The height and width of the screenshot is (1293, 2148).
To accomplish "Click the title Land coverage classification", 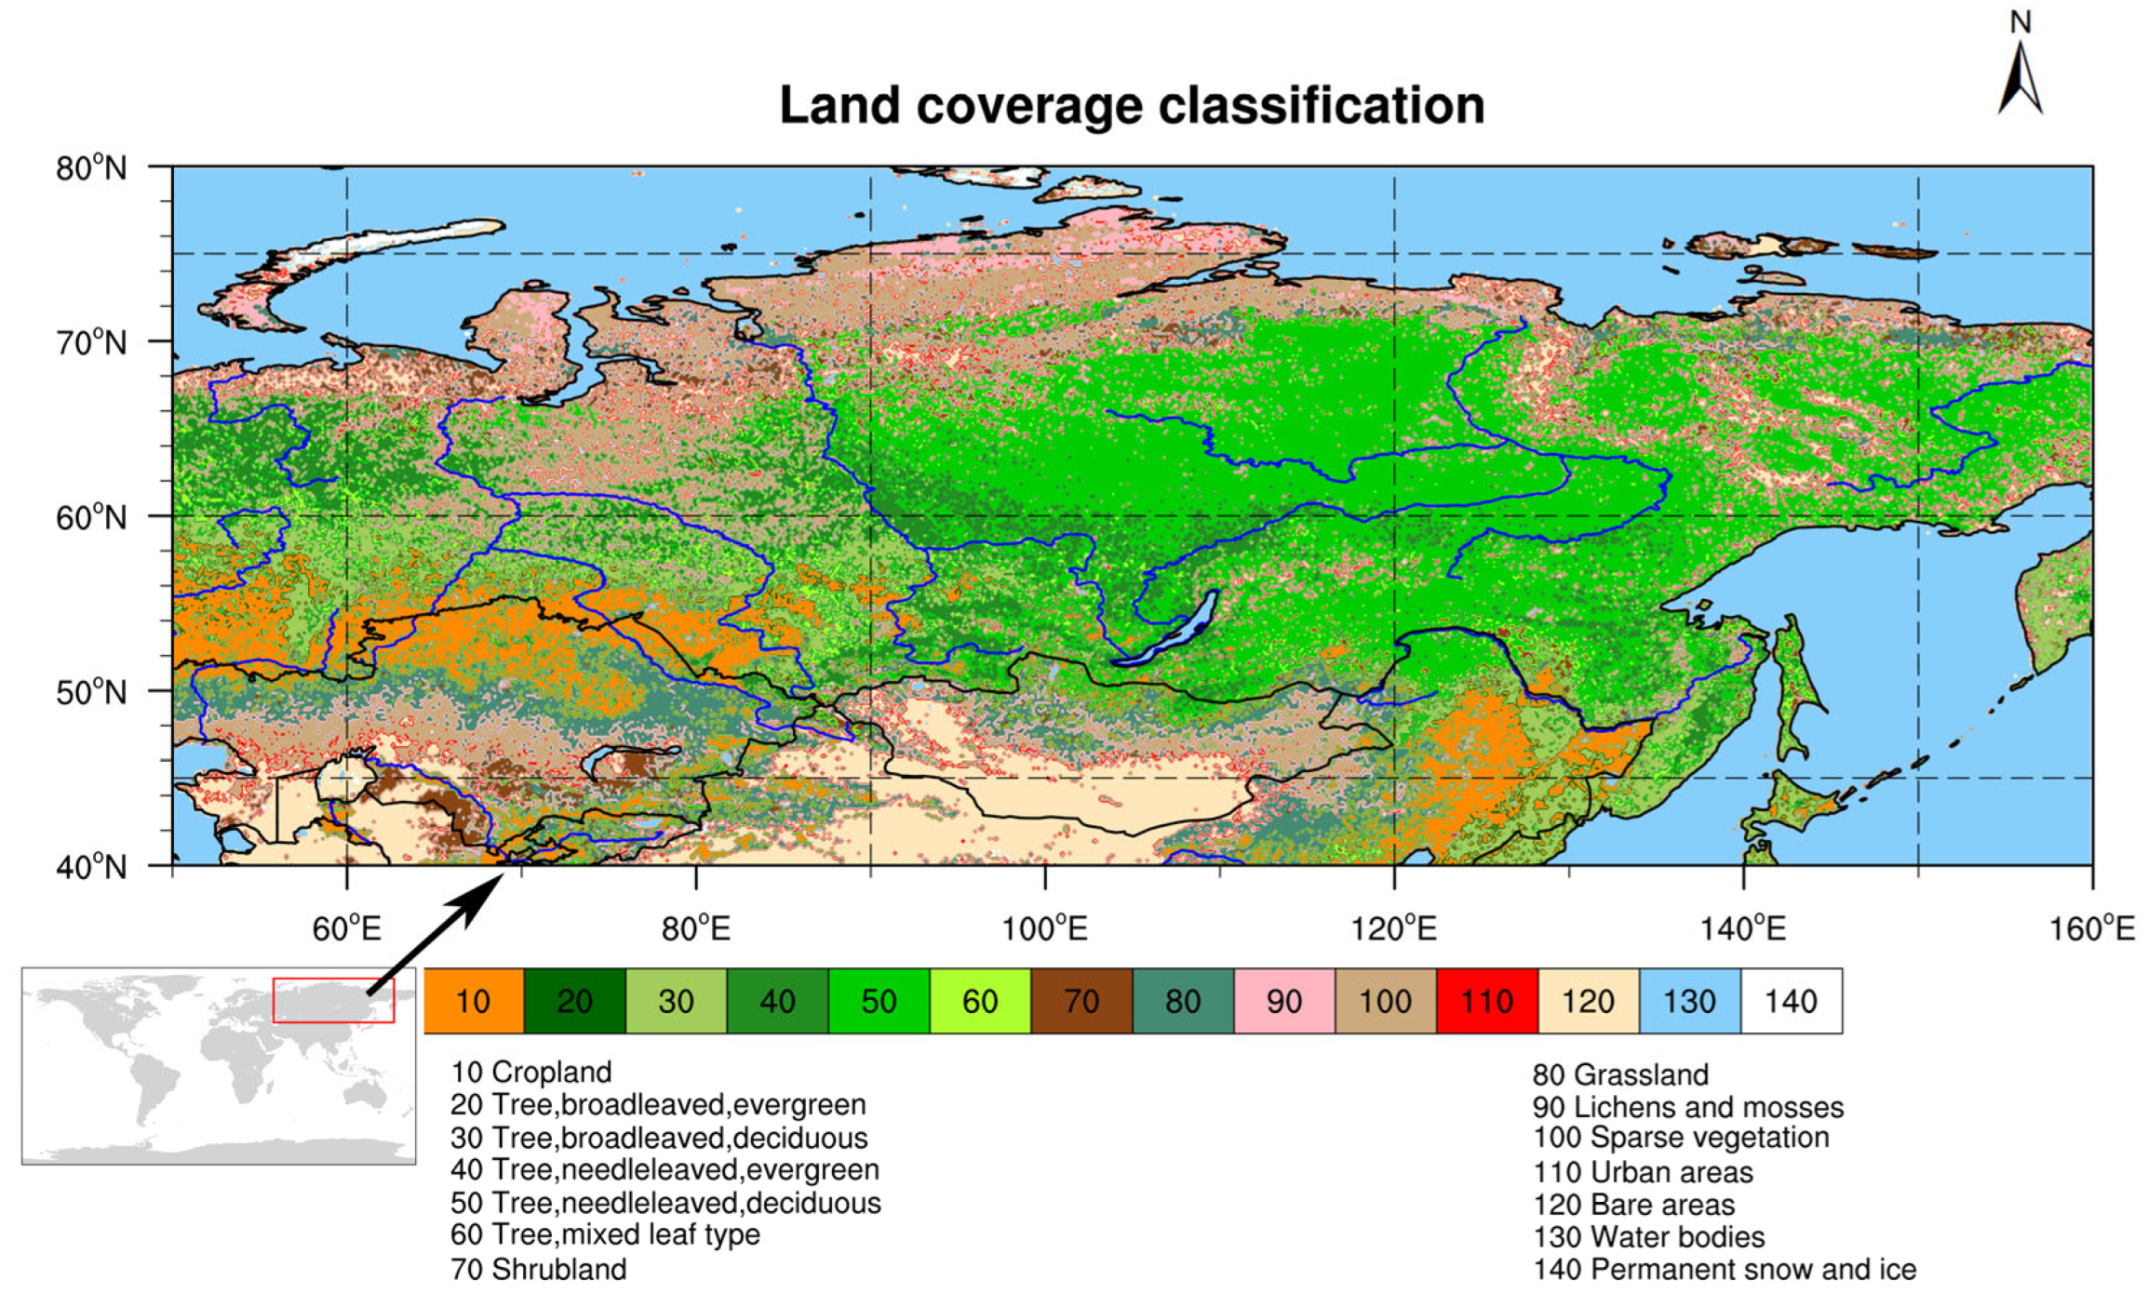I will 1131,105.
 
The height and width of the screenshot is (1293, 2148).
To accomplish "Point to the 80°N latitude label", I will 91,169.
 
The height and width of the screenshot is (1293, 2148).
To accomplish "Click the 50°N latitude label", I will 91,693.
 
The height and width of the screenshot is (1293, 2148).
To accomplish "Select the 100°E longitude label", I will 1044,928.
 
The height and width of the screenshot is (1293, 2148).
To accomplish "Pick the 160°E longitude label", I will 2091,928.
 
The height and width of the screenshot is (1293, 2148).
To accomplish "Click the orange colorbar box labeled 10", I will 474,1001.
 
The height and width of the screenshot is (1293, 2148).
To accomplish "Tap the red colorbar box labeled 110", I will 1486,1001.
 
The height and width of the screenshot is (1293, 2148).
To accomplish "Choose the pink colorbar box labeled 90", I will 1284,1001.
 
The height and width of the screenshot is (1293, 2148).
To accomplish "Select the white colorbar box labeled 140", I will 1791,1001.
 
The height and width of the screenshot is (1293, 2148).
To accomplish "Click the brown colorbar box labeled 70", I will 1081,1001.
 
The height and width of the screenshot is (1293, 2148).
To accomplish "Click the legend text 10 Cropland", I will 531,1072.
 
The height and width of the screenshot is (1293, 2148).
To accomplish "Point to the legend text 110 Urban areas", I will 1643,1172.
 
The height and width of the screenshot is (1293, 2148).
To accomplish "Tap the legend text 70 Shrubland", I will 539,1269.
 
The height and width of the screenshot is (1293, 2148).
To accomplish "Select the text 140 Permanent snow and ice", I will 1725,1269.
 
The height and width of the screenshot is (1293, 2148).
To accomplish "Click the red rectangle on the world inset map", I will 333,1000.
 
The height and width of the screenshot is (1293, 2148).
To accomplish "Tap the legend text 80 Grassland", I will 1620,1074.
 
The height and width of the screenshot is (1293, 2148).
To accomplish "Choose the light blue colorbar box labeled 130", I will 1689,1001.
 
